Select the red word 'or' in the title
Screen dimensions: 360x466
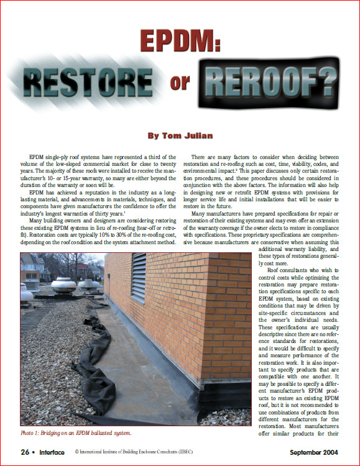tap(180, 83)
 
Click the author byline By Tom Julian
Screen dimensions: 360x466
tap(180, 135)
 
